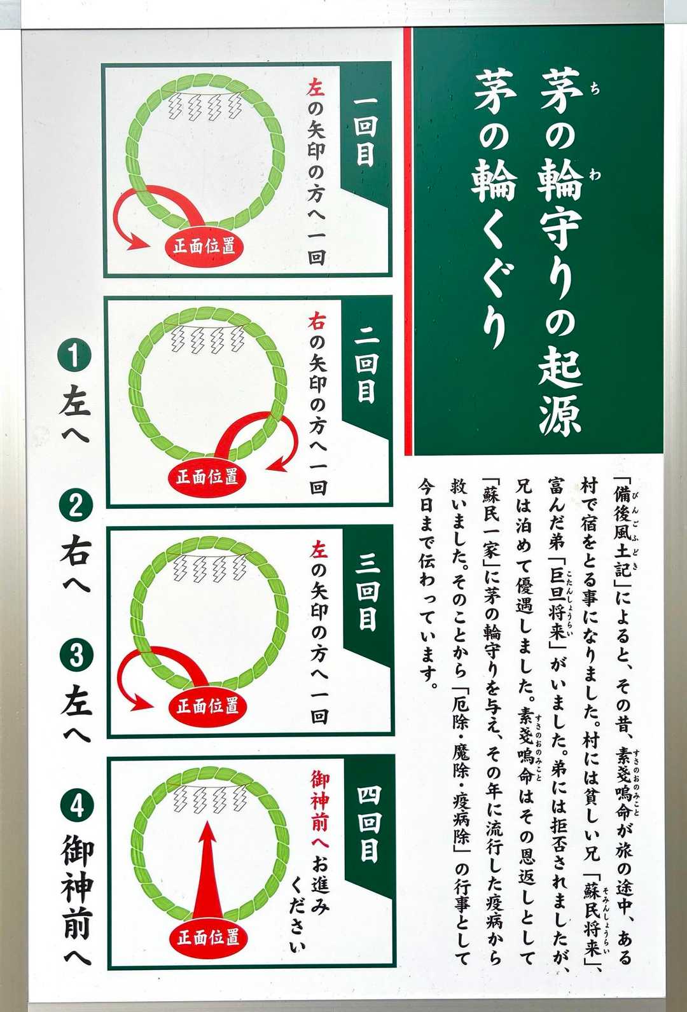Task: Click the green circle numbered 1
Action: [75, 356]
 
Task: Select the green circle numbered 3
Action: [76, 656]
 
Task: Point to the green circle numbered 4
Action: [77, 807]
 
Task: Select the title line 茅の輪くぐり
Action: [492, 209]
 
